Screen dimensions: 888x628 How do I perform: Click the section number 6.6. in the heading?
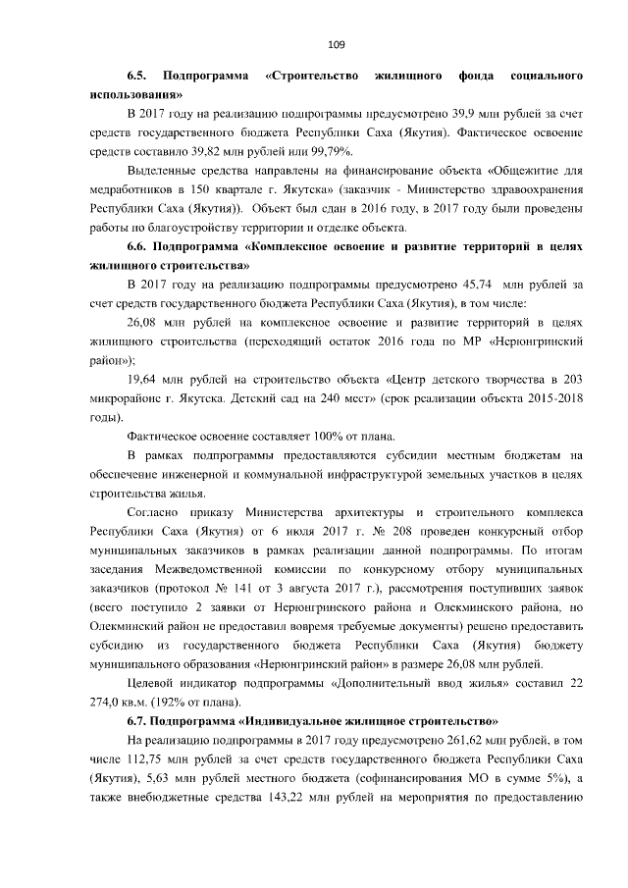click(x=137, y=245)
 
